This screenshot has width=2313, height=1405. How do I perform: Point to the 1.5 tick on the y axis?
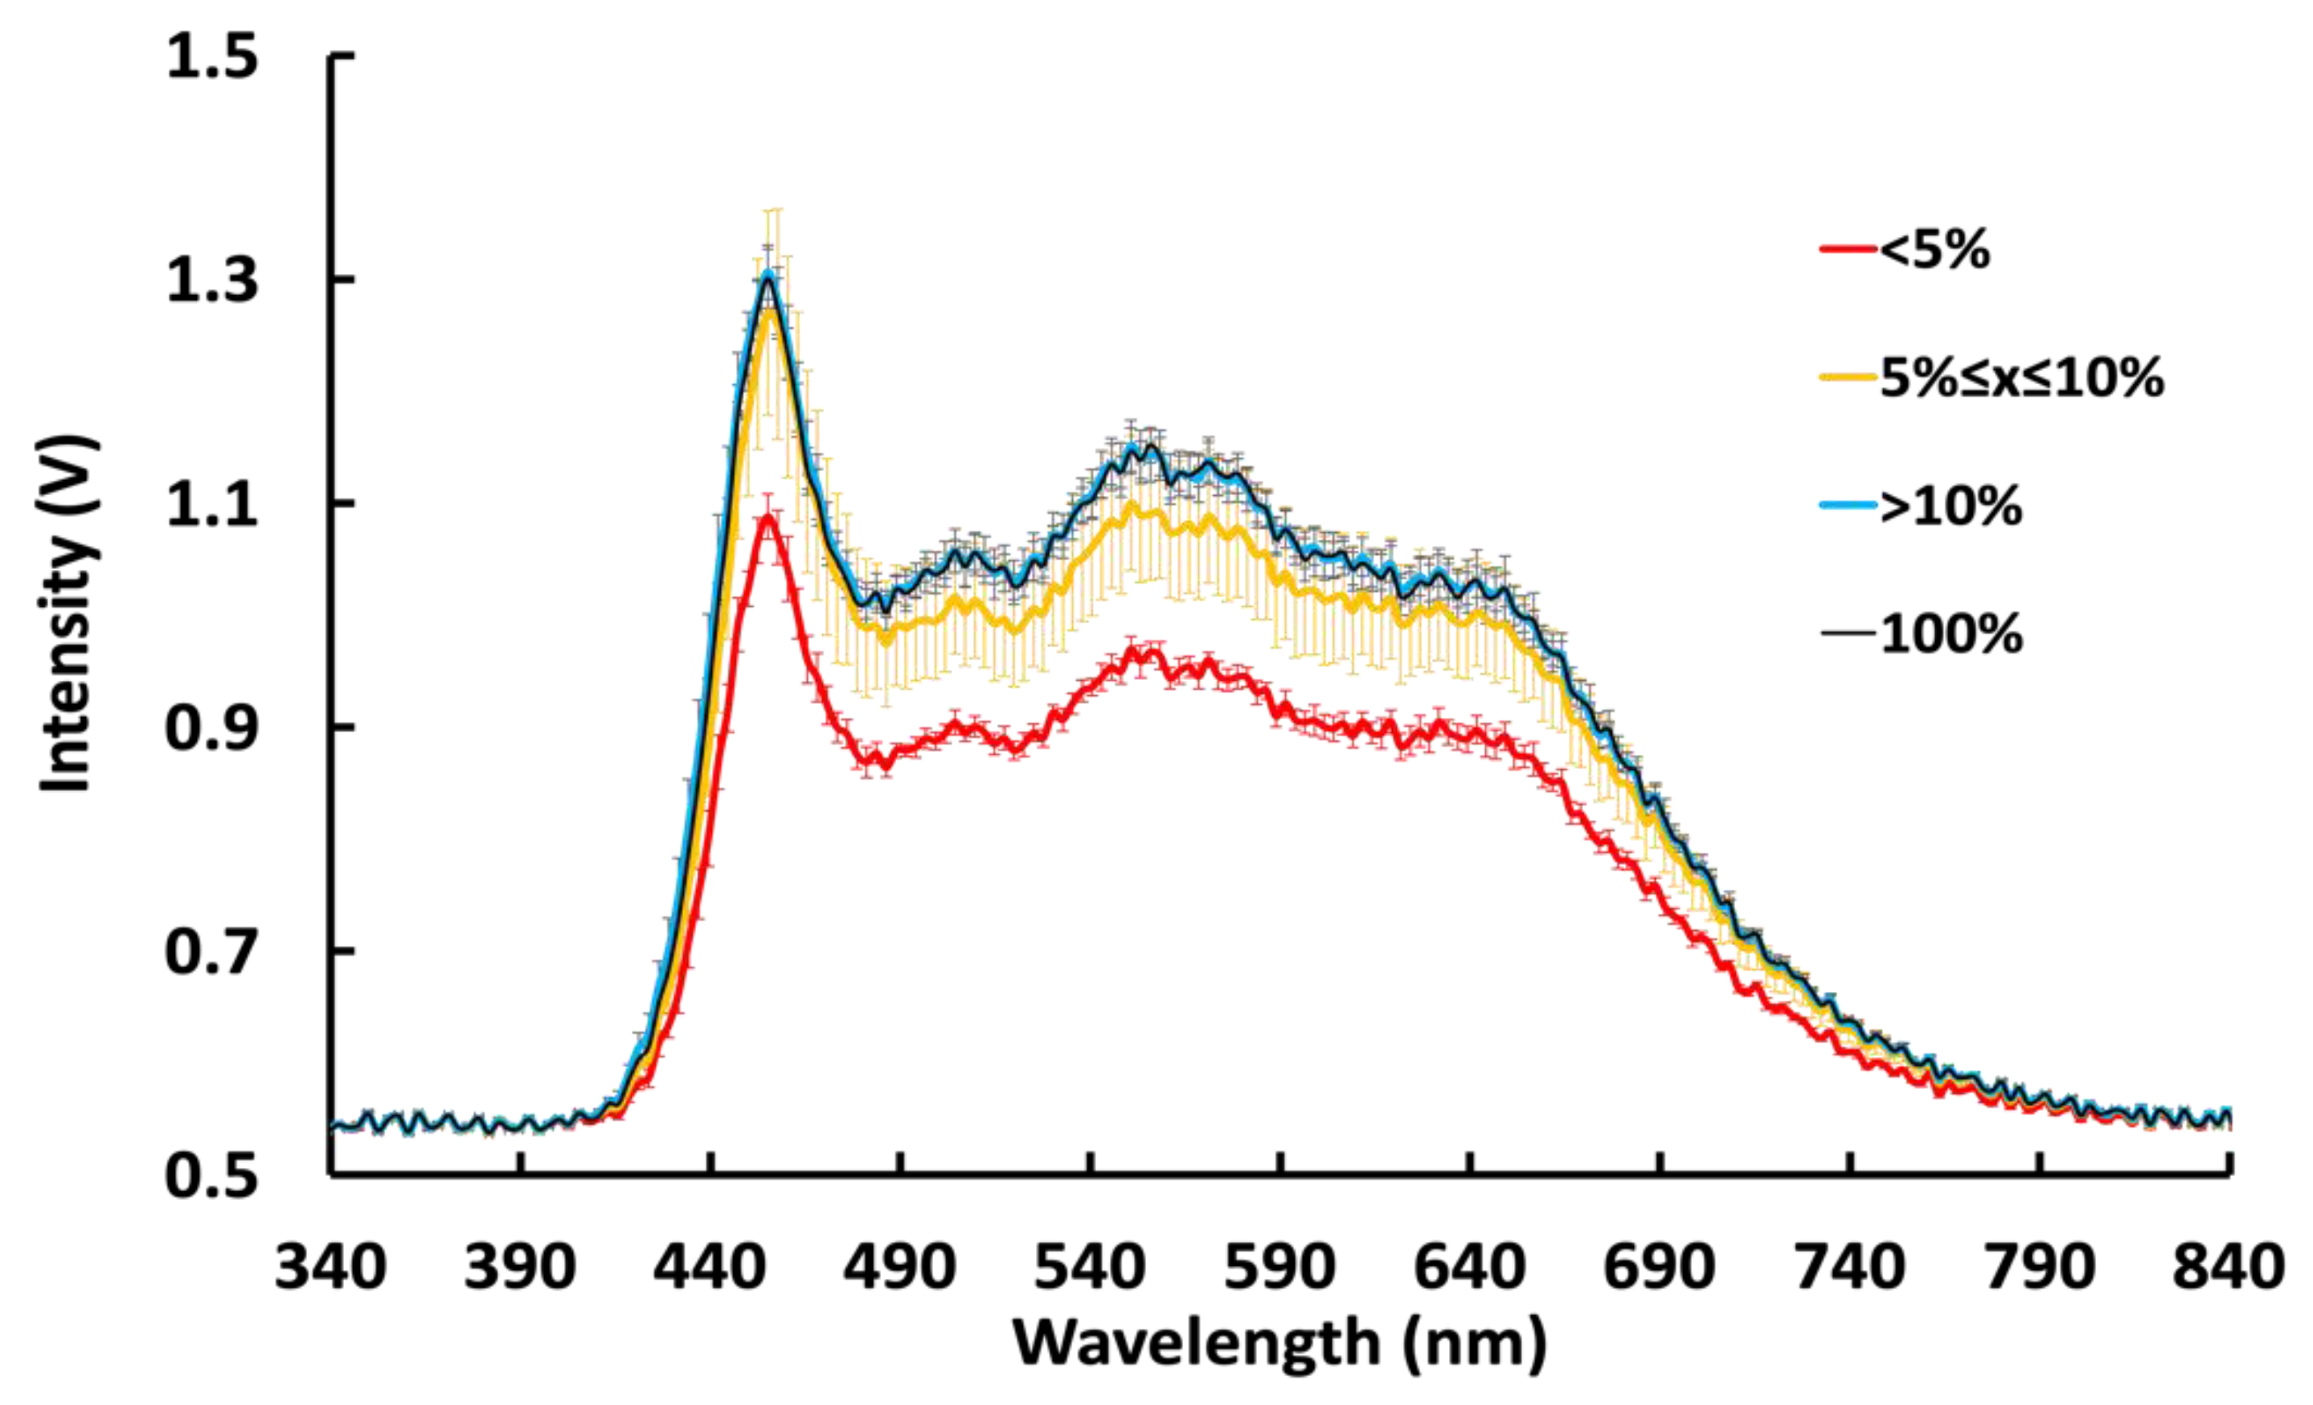point(211,56)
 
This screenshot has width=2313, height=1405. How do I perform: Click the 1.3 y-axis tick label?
point(211,280)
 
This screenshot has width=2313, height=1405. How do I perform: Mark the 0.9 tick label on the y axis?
point(211,727)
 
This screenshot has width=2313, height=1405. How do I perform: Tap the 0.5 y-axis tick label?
point(211,1175)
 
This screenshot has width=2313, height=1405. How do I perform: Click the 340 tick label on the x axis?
point(330,1267)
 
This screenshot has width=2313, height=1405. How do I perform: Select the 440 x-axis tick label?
point(710,1267)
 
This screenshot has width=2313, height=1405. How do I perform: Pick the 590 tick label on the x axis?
point(1279,1267)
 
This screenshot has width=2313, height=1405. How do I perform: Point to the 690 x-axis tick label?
point(1660,1267)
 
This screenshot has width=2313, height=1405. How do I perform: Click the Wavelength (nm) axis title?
point(1279,1343)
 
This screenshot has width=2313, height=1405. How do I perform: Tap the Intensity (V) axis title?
point(68,615)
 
